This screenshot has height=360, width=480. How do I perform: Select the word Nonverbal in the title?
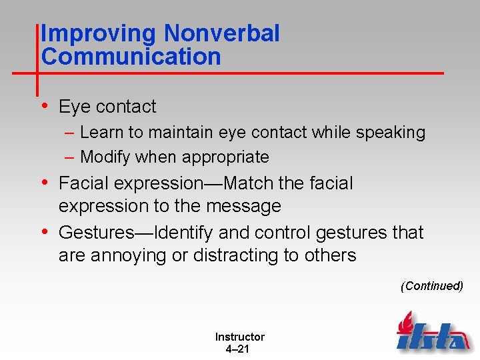(222, 33)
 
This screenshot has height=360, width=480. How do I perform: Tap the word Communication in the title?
(131, 57)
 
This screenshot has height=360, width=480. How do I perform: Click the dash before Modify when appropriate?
(70, 157)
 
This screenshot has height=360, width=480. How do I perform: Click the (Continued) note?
(431, 286)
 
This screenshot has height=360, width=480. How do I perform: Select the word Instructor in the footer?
(239, 337)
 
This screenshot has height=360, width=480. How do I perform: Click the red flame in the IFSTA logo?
(404, 323)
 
